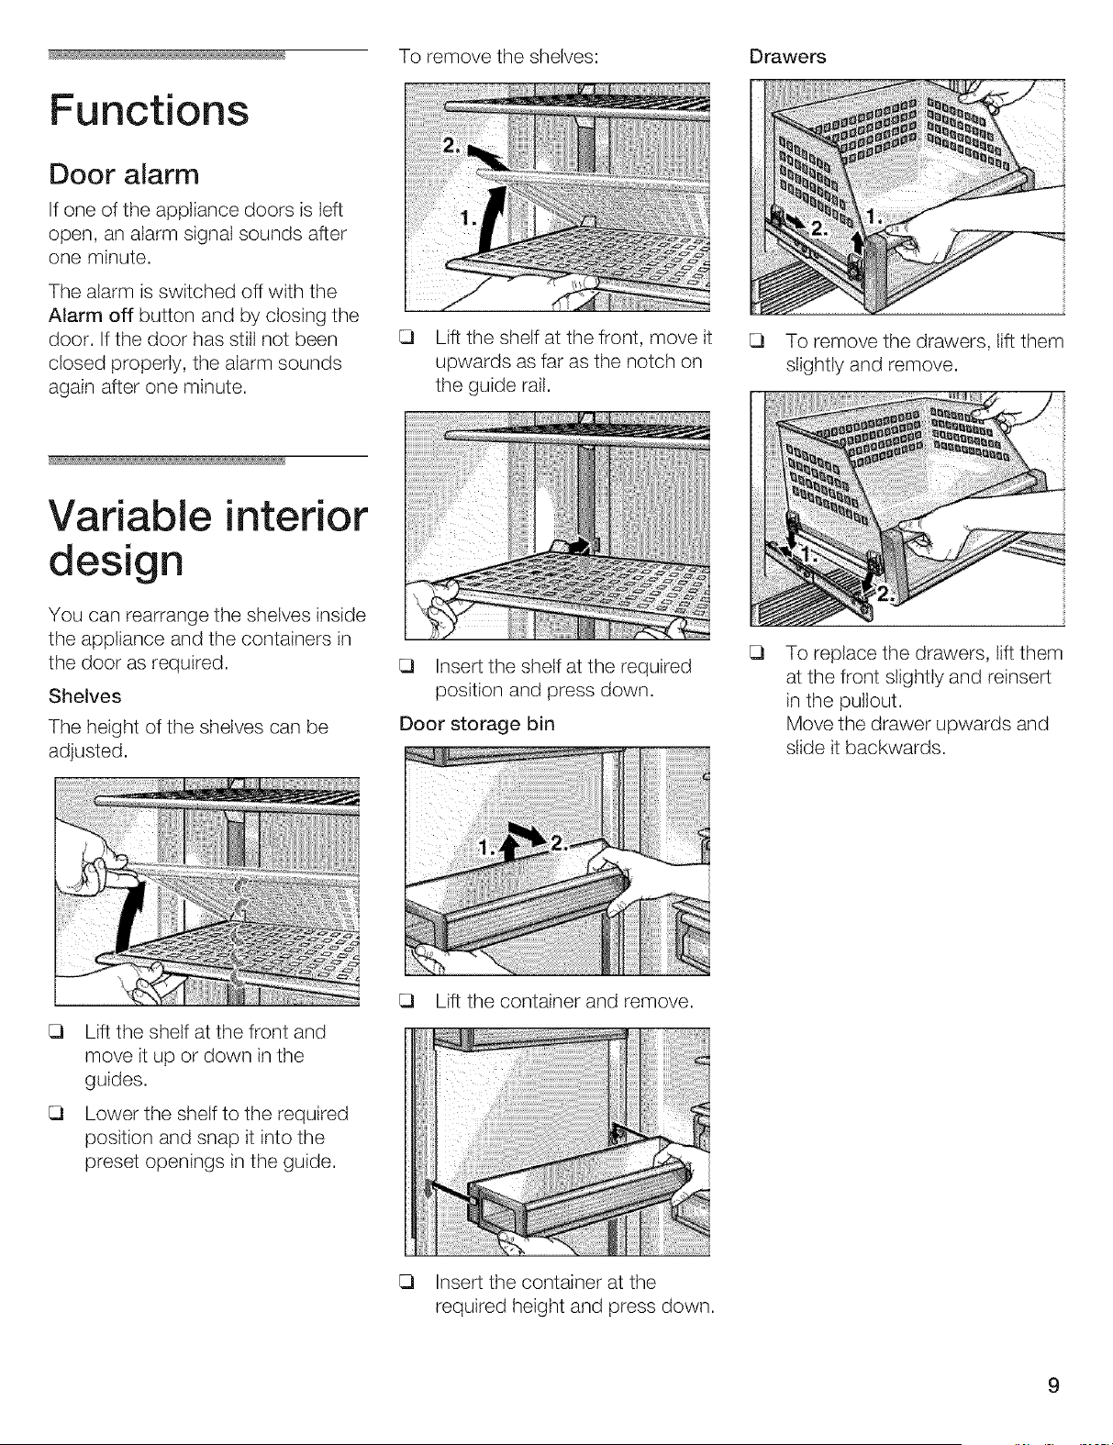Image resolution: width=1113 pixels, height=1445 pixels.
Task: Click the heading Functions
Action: click(149, 110)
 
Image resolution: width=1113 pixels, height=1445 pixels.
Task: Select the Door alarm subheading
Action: click(124, 174)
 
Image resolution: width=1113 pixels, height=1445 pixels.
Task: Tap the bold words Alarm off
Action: click(91, 316)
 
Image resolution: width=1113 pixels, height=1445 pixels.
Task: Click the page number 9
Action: click(1052, 1385)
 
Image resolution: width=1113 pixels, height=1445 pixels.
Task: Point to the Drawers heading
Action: click(787, 57)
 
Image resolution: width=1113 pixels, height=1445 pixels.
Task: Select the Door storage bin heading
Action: click(477, 724)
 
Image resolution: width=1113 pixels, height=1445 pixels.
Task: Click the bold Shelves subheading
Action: click(85, 696)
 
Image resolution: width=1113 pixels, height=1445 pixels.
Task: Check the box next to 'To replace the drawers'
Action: click(755, 653)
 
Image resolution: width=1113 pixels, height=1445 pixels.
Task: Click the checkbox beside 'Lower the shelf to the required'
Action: click(55, 1114)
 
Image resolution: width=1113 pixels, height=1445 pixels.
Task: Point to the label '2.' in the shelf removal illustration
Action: click(451, 146)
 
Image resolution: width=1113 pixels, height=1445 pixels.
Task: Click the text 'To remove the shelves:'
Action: click(499, 57)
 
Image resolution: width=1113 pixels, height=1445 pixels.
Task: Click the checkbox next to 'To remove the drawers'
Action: click(755, 342)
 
